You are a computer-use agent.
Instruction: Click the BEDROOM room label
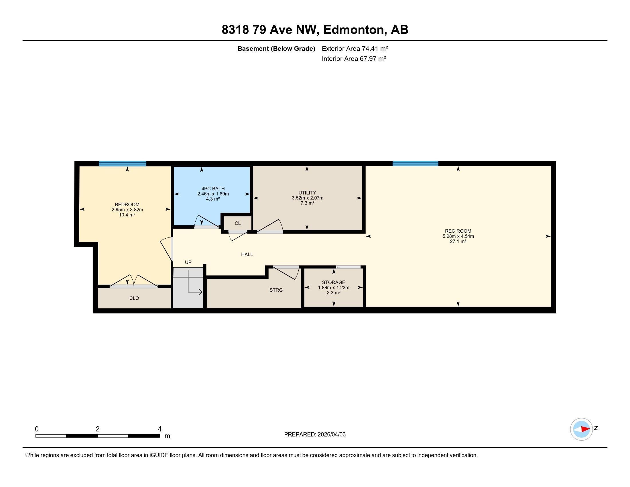(x=127, y=205)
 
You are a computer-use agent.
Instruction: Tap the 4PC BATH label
(x=213, y=189)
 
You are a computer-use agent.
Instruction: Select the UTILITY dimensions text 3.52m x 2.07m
(x=307, y=198)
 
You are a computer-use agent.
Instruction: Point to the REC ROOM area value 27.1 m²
(x=458, y=241)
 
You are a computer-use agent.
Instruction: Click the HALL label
(x=247, y=254)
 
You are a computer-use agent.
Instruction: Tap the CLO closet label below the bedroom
(x=134, y=298)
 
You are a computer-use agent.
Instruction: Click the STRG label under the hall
(x=276, y=290)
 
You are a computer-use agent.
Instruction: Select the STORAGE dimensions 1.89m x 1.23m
(x=333, y=288)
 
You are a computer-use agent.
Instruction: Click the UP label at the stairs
(x=188, y=262)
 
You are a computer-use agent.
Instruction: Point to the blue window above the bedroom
(x=122, y=164)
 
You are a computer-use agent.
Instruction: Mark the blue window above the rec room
(x=415, y=163)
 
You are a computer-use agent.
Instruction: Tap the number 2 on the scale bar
(x=97, y=429)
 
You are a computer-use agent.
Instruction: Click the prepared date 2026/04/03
(x=331, y=435)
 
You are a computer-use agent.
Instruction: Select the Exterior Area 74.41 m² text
(x=355, y=48)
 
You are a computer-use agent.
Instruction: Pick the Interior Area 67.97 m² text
(x=354, y=58)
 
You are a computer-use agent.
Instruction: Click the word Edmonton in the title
(x=355, y=30)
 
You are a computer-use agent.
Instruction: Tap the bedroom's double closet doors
(x=133, y=281)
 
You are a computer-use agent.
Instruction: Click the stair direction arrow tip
(x=201, y=292)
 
